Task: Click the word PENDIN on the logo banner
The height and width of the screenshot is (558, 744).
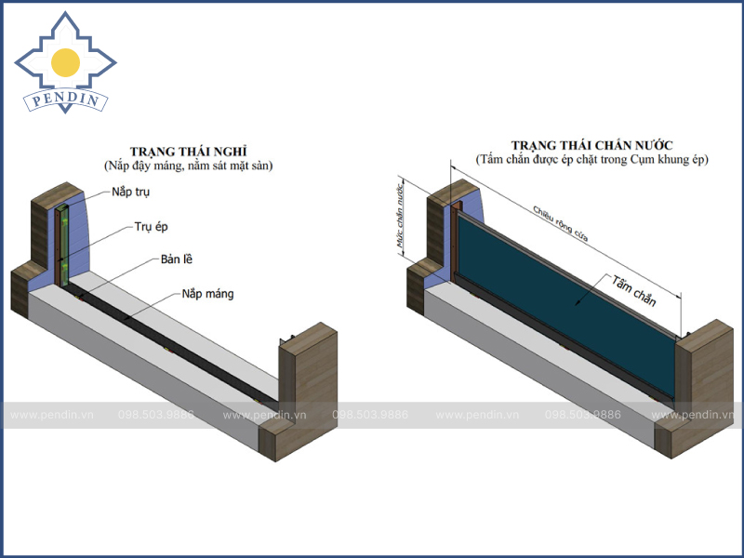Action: (x=65, y=99)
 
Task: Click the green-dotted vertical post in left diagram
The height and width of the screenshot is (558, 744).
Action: (x=62, y=246)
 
